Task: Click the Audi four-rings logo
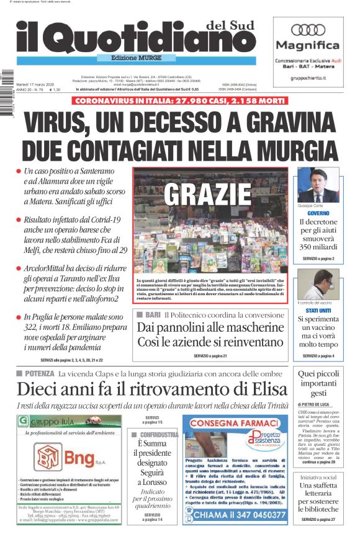click(x=308, y=30)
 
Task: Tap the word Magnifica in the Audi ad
click(x=308, y=45)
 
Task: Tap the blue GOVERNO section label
click(x=317, y=213)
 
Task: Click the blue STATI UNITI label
click(x=317, y=309)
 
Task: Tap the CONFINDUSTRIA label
click(x=157, y=435)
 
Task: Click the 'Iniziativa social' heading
click(x=318, y=478)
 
